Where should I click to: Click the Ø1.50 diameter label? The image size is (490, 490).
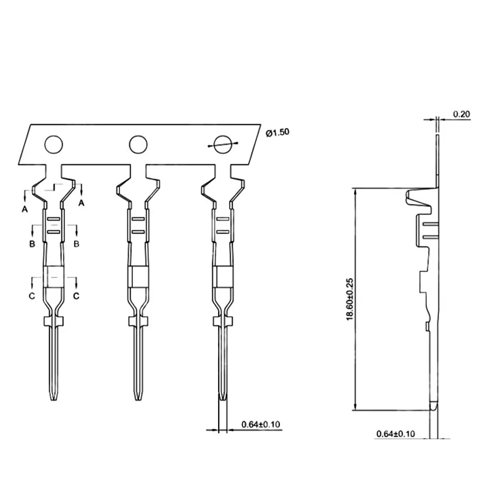coord(277,132)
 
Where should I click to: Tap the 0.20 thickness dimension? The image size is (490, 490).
coord(462,114)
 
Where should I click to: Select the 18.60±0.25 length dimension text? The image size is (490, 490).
coord(350,299)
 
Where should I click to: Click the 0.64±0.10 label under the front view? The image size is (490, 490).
coord(261,424)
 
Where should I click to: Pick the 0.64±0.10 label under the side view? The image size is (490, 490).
coord(396,434)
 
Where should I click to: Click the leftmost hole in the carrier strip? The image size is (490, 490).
coord(54,145)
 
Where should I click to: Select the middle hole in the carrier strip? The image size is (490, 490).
coord(138,145)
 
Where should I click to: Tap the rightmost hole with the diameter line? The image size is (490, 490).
coord(222,145)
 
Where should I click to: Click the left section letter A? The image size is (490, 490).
coord(24,209)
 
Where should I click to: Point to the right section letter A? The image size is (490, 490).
coord(81,203)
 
